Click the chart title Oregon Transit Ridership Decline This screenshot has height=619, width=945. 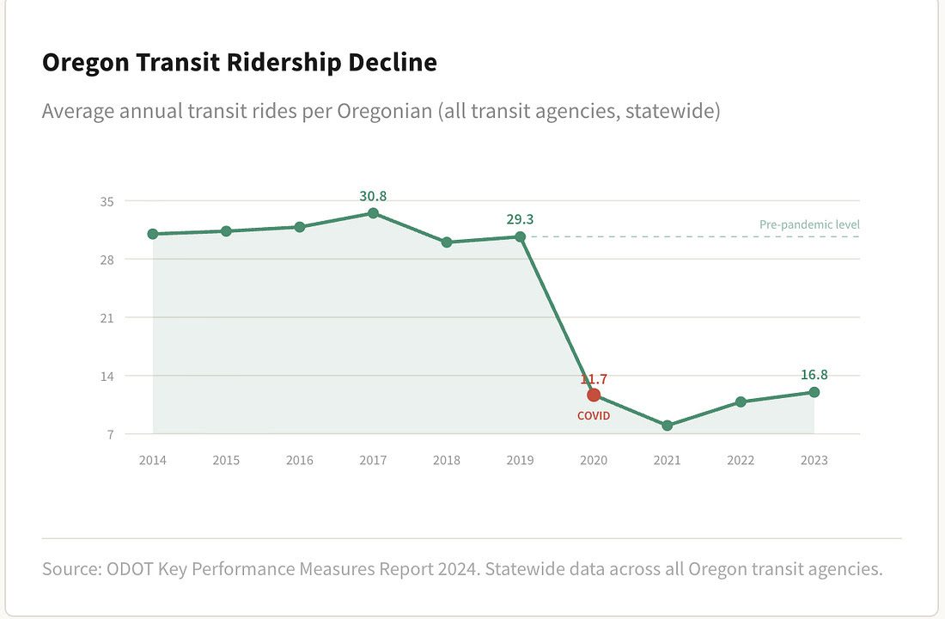point(240,63)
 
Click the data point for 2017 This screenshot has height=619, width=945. point(373,213)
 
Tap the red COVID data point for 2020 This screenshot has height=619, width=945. point(594,395)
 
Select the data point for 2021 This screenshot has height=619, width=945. point(668,426)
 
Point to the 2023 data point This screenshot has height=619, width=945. point(814,392)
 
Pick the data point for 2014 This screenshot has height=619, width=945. point(153,234)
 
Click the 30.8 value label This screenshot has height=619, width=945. point(373,196)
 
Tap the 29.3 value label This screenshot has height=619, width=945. point(520,219)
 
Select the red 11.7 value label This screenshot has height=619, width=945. point(594,378)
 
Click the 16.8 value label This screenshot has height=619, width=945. point(814,374)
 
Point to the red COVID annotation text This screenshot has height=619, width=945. point(594,416)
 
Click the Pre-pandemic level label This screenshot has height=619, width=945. point(809,224)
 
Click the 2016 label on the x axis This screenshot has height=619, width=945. point(300,460)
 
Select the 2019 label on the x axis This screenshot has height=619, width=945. point(520,460)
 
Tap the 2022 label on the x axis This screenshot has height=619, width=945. point(741,460)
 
